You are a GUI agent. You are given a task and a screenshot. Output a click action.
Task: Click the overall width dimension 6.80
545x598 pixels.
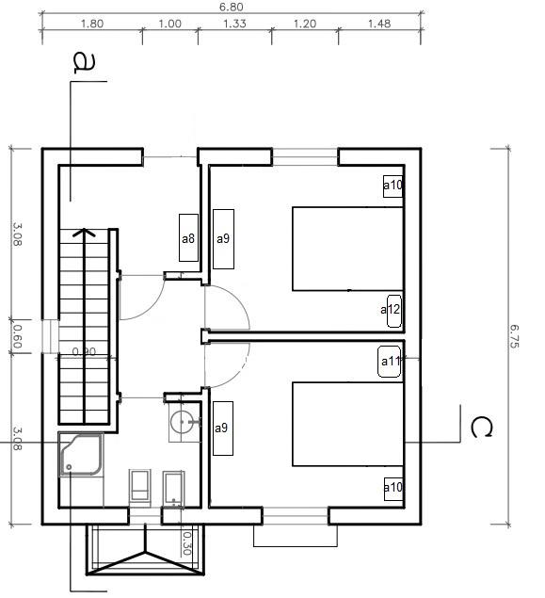(x=232, y=7)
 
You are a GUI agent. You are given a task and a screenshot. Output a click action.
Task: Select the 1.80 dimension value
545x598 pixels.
(x=92, y=24)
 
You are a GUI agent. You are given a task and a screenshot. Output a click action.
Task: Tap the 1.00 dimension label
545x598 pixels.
(x=169, y=24)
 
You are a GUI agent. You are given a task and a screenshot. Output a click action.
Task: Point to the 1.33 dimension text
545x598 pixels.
(x=234, y=24)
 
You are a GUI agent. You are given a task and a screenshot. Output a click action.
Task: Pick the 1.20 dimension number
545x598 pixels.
(x=305, y=24)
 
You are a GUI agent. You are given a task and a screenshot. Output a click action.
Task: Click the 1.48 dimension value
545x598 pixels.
(x=379, y=24)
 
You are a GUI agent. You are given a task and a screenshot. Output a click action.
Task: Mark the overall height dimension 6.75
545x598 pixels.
(x=514, y=336)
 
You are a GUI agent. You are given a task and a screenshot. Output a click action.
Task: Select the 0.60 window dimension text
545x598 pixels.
(x=17, y=336)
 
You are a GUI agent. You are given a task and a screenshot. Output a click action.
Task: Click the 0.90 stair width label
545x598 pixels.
(x=84, y=351)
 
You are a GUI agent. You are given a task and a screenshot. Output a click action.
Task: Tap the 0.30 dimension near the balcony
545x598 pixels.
(x=186, y=543)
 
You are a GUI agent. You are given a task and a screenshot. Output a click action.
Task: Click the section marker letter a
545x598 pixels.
(x=84, y=63)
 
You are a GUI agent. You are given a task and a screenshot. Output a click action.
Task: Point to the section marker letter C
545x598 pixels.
(x=481, y=428)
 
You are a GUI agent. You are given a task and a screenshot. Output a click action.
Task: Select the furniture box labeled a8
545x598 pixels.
(x=188, y=237)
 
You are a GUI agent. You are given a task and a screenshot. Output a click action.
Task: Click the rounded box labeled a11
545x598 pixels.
(x=389, y=362)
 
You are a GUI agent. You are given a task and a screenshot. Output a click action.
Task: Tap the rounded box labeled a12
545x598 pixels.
(x=394, y=311)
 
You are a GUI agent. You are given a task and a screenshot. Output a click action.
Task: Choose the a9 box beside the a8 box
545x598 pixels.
(x=223, y=239)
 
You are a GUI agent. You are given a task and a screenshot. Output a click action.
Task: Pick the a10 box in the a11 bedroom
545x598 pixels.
(x=393, y=489)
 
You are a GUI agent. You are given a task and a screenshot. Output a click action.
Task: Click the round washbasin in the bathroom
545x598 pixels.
(x=182, y=422)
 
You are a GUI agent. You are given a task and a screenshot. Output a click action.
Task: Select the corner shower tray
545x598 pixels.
(x=81, y=454)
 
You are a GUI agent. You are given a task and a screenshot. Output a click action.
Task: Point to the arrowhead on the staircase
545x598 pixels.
(x=84, y=232)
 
